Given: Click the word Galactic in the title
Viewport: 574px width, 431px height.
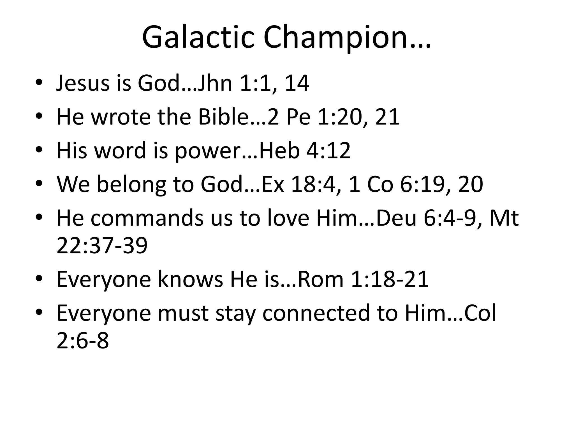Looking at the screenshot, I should (198, 38).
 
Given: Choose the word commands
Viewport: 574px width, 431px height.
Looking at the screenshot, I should (147, 218).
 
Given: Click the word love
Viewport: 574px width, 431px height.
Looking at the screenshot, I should (288, 218).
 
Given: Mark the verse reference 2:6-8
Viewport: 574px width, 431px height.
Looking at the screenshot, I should (83, 341).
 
